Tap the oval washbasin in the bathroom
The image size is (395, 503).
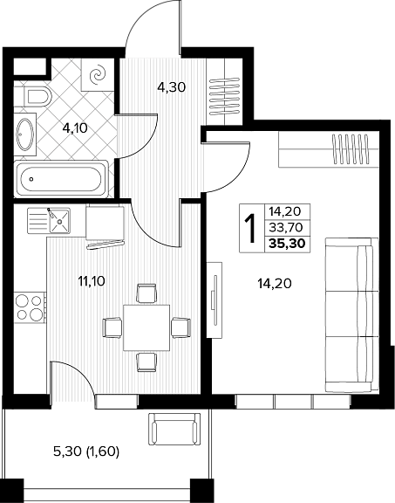[25, 134]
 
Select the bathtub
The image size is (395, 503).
[61, 178]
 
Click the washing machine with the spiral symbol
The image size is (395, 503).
[98, 75]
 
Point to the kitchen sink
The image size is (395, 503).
[49, 220]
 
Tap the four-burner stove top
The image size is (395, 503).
[30, 307]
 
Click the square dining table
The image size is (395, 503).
[146, 327]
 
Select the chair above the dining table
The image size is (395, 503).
[146, 293]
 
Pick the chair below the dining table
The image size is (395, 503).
[146, 362]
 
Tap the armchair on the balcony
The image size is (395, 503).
[174, 428]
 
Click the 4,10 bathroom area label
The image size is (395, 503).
[75, 128]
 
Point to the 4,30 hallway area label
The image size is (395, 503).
[172, 87]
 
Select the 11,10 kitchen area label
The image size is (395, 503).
[92, 281]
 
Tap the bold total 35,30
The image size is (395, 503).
[287, 244]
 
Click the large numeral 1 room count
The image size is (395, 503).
[251, 229]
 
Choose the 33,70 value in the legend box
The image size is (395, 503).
[286, 227]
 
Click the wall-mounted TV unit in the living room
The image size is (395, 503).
[215, 300]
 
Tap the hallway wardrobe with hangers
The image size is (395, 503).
[224, 92]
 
